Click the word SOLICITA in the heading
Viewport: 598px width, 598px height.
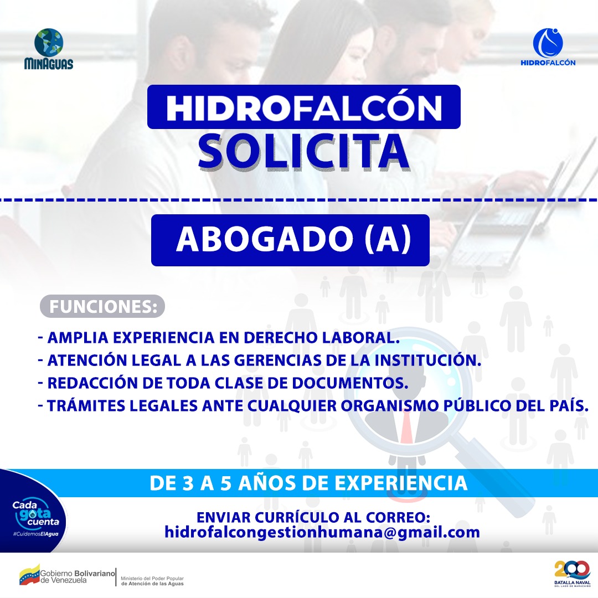pyautogui.click(x=303, y=150)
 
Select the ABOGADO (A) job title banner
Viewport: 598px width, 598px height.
pyautogui.click(x=291, y=240)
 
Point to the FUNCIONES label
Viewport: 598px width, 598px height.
pyautogui.click(x=103, y=306)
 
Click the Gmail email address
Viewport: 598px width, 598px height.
pyautogui.click(x=322, y=532)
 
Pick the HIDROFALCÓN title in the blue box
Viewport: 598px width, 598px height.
pyautogui.click(x=303, y=107)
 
